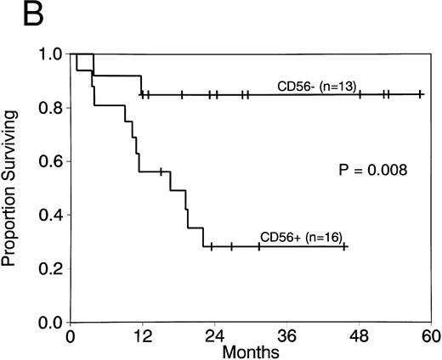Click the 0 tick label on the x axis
71,335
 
